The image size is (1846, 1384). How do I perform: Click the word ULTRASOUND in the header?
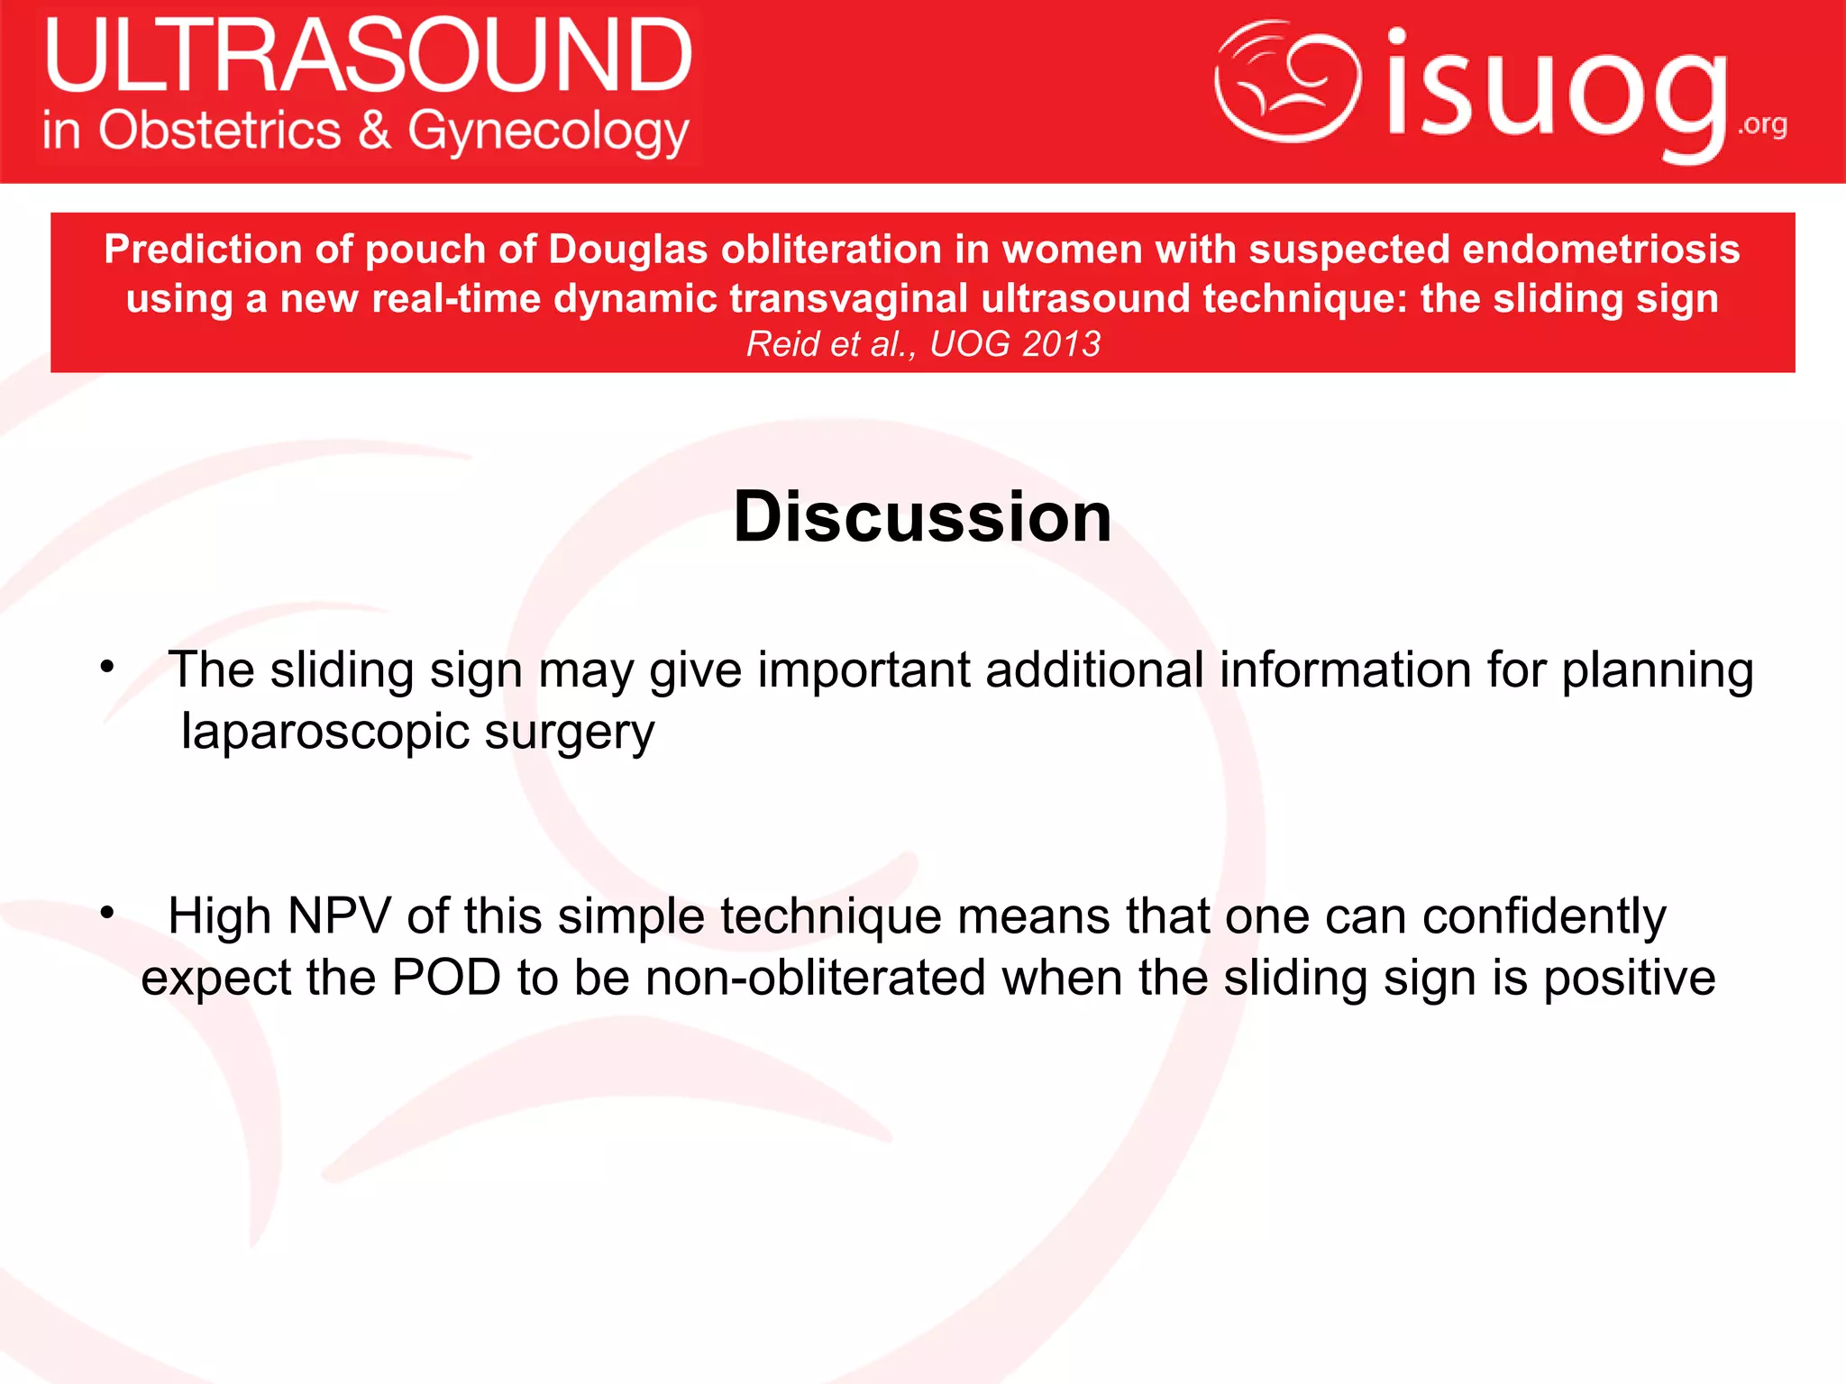[x=368, y=56]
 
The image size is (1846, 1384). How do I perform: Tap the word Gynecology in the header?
[x=548, y=132]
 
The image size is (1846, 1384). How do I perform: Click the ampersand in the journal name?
[x=374, y=130]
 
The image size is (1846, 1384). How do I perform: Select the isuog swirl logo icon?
[x=1287, y=81]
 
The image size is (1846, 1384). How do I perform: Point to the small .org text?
[x=1762, y=124]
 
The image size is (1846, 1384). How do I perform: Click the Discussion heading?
[x=922, y=516]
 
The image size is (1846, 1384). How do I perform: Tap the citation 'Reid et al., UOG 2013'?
[x=923, y=343]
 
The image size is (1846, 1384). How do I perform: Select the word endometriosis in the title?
[x=1601, y=250]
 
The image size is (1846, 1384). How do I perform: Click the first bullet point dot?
[x=107, y=668]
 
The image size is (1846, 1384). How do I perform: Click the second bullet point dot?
[x=107, y=914]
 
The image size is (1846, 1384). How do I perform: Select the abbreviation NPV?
[x=339, y=916]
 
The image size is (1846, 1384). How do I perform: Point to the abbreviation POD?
[x=446, y=978]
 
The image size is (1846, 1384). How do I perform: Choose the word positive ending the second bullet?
[x=1629, y=979]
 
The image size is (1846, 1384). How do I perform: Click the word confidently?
[x=1544, y=917]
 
